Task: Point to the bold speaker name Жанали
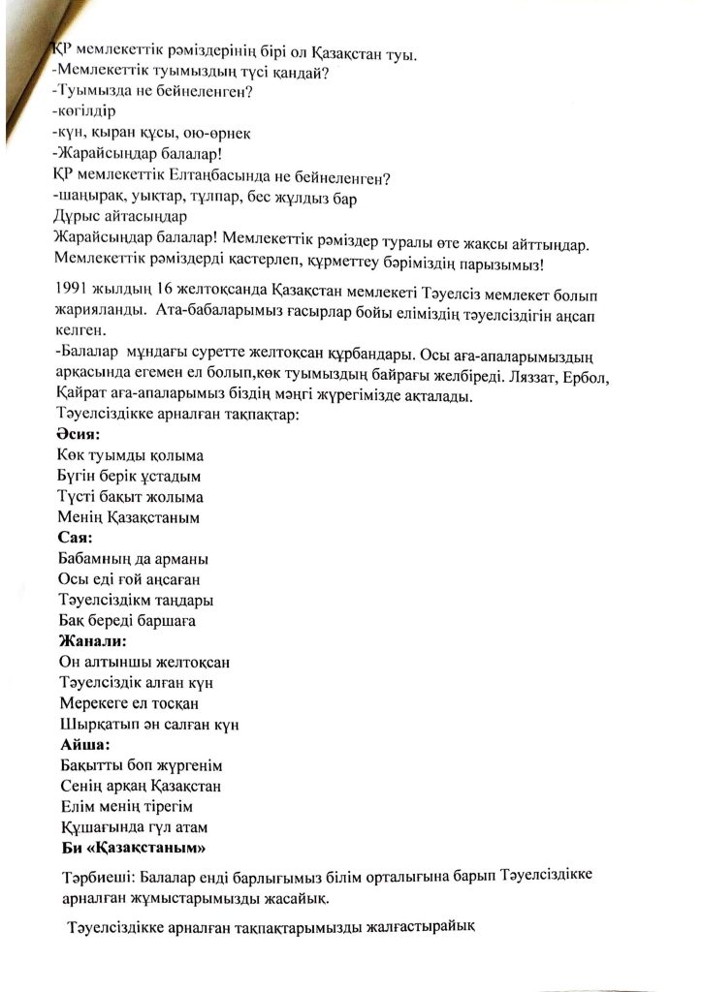click(92, 641)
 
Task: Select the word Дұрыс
click(79, 219)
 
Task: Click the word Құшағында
click(102, 827)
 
